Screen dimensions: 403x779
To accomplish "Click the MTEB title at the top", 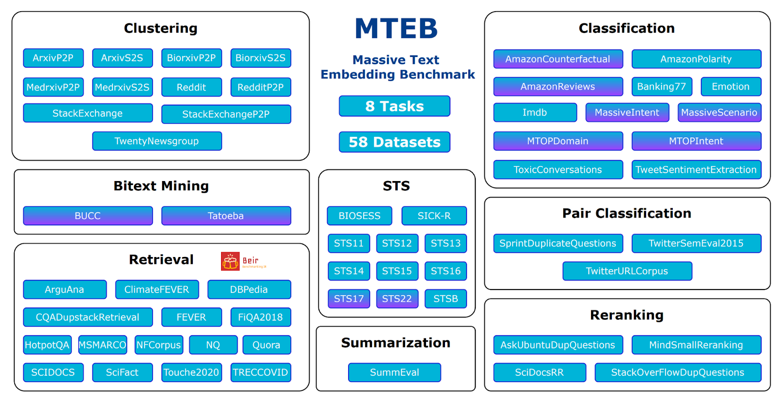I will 396,28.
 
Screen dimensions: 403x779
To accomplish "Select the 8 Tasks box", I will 394,106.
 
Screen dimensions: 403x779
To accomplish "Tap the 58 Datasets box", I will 394,142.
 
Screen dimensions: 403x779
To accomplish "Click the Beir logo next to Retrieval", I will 243,261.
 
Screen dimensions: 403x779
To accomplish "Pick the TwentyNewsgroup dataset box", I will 157,141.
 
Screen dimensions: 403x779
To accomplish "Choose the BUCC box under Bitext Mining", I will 88,216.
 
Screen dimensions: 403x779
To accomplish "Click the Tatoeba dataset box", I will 226,216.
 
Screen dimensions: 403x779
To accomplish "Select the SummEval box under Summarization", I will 394,372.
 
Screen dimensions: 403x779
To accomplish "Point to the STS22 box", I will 397,299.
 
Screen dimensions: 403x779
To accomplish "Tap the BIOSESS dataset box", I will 359,216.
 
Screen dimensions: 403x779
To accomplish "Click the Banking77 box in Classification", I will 661,87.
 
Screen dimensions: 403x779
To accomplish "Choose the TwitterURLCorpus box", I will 627,271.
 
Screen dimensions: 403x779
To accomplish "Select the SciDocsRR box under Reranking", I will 539,372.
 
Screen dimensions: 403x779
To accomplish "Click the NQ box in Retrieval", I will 213,345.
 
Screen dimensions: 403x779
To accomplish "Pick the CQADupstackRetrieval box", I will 88,317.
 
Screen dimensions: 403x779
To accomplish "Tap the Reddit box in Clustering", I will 191,88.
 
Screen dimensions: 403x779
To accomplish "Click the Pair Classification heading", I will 627,213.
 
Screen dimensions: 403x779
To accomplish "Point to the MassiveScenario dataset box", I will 719,112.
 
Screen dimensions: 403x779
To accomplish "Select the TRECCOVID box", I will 260,372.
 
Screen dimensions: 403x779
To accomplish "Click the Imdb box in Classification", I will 535,112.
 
